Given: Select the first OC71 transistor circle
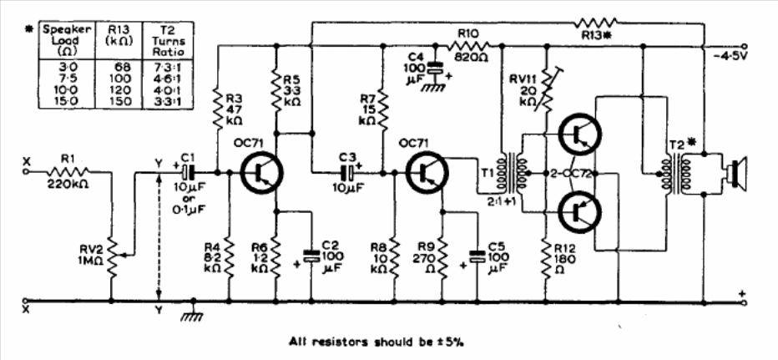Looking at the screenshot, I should (x=261, y=173).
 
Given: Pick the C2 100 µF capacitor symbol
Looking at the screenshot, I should (x=311, y=255).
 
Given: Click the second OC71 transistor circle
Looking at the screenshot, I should (x=427, y=173).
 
